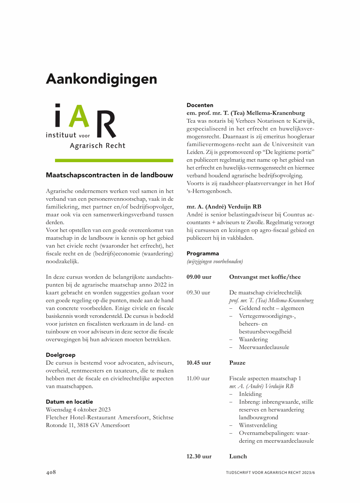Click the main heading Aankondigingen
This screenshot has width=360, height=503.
[101, 79]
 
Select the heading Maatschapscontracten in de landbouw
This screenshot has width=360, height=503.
[110, 176]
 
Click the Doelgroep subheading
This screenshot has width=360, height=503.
[60, 355]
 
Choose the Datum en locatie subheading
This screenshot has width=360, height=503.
[69, 402]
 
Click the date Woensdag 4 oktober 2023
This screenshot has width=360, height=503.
[78, 409]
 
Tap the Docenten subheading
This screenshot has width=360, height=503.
[200, 105]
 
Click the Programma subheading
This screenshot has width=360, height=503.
[203, 253]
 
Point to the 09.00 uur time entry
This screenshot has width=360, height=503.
[199, 277]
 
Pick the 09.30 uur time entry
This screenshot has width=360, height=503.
[198, 293]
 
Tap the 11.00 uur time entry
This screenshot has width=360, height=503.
[198, 379]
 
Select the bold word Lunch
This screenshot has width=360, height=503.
[238, 456]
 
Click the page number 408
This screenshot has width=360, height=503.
[51, 472]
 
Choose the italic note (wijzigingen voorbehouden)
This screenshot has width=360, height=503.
[214, 261]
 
